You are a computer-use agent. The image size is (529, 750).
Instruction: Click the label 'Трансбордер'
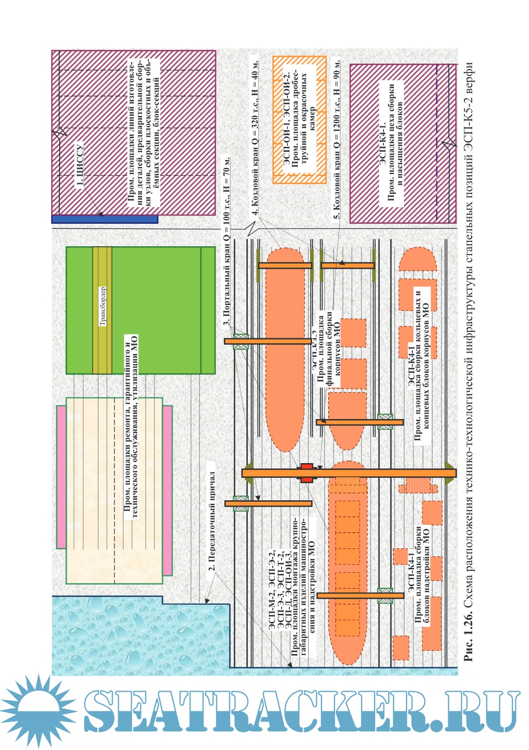(x=103, y=306)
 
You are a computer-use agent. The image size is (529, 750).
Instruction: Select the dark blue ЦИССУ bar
(x=104, y=219)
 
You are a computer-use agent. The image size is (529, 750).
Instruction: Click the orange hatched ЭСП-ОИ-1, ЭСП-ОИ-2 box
(x=299, y=120)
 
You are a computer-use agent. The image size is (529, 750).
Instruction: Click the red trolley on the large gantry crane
(x=307, y=473)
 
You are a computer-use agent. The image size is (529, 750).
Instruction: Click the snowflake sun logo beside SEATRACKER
(x=37, y=710)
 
